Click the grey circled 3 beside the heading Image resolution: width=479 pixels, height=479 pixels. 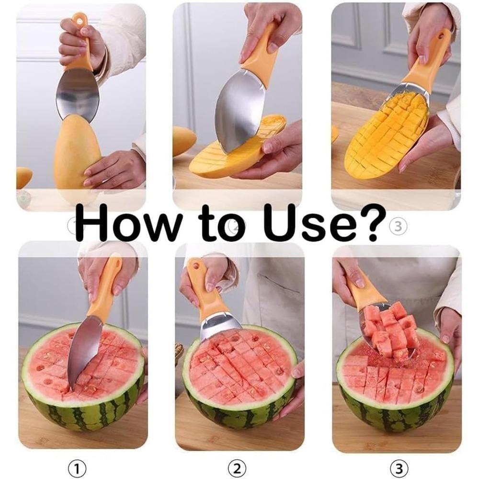coord(397,228)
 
